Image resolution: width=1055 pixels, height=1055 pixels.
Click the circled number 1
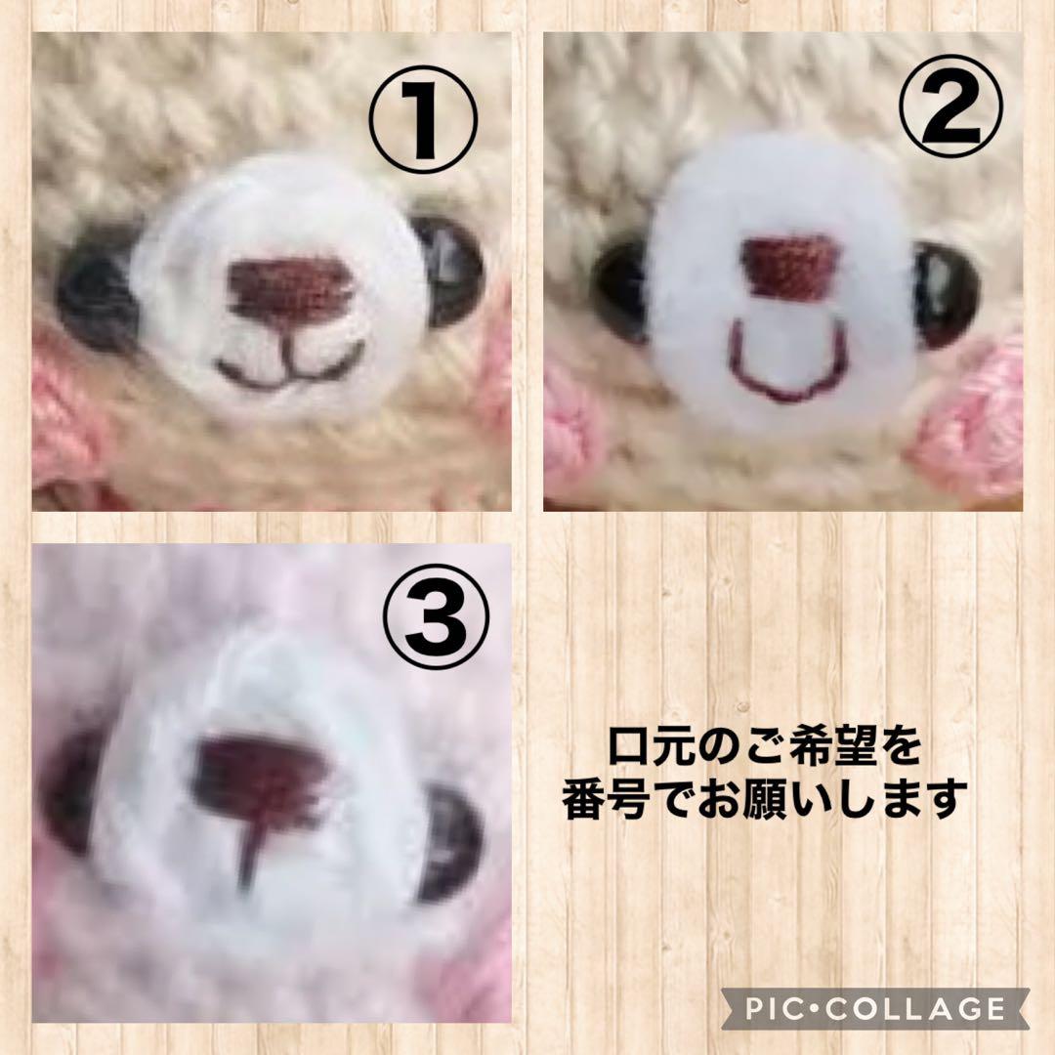422,119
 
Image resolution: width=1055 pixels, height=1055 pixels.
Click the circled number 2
953,119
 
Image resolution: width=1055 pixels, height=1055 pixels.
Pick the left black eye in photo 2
619,291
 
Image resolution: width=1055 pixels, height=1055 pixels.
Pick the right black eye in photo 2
946,293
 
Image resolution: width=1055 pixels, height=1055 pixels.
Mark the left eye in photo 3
70,791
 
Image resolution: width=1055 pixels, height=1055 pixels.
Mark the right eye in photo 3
451,842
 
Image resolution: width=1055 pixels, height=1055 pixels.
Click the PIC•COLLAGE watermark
875,1007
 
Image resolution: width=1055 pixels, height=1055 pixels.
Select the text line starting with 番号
765,801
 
